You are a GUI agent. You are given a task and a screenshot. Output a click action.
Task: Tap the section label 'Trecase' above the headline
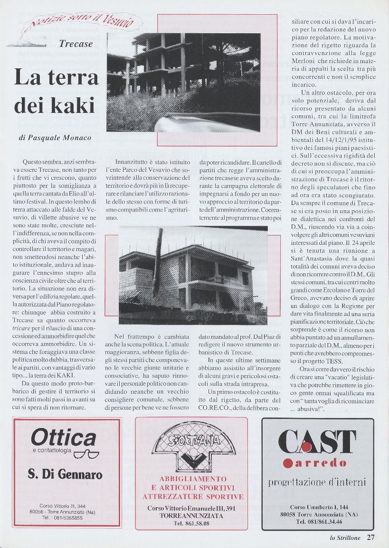(76, 45)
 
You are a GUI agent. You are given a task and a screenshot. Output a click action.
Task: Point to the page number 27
(370, 538)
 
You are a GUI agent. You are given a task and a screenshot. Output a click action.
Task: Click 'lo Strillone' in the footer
(346, 538)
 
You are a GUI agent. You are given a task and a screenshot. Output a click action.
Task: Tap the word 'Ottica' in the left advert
(63, 438)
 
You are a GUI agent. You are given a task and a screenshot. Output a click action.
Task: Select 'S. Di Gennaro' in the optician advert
(65, 474)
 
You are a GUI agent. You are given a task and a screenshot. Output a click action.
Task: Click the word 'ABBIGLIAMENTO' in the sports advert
(193, 479)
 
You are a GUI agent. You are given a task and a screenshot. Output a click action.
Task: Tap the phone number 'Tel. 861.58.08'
(192, 523)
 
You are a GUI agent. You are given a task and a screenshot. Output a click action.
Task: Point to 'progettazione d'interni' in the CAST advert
(317, 483)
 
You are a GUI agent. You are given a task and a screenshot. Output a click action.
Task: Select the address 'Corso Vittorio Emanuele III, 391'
(192, 509)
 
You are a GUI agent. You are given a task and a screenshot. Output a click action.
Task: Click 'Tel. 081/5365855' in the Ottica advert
(62, 518)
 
